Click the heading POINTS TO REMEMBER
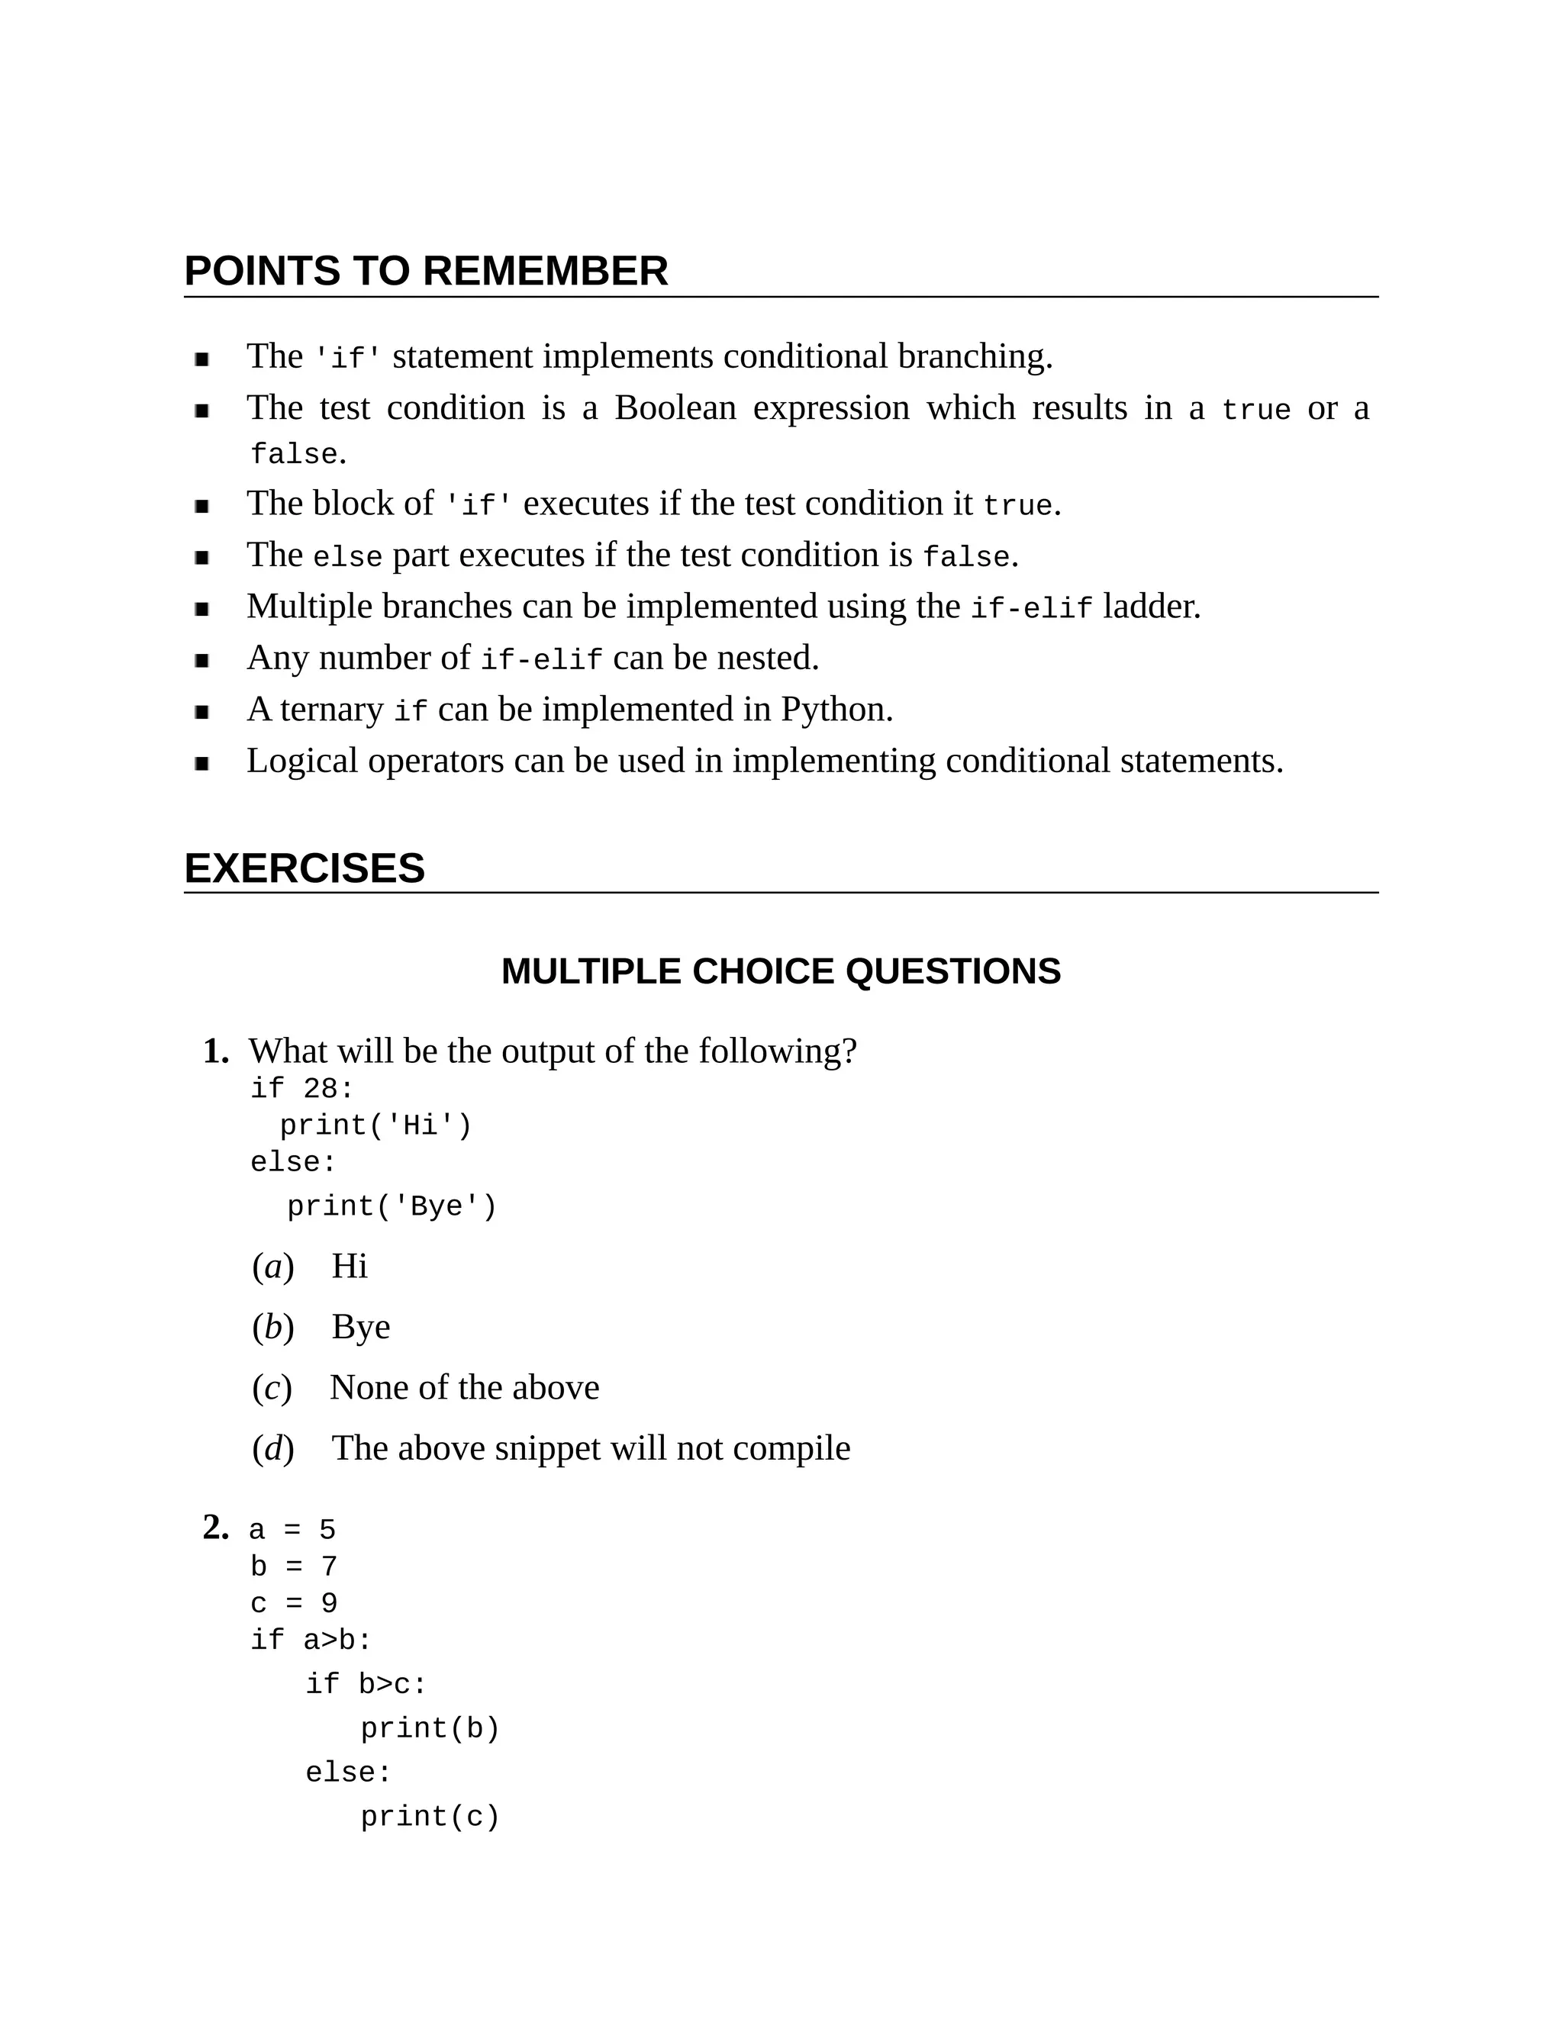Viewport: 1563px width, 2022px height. coord(425,272)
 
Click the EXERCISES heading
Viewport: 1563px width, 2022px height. coord(304,868)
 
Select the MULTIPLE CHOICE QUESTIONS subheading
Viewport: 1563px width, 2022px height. coord(781,971)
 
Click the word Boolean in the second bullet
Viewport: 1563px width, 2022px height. coord(674,408)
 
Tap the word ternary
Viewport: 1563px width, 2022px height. coord(331,710)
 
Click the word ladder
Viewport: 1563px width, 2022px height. coord(1150,607)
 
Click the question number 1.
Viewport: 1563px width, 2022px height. coord(216,1051)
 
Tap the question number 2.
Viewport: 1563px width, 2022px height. coord(216,1527)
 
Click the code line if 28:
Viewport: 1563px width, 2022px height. coord(302,1089)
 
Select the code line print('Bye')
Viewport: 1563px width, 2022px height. coord(392,1206)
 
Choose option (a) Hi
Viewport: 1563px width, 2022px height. coord(349,1266)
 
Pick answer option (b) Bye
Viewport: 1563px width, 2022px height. coord(360,1327)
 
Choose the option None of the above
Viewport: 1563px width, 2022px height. coord(464,1387)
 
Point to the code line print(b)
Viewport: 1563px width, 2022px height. coord(430,1728)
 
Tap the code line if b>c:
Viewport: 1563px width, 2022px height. coord(366,1684)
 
